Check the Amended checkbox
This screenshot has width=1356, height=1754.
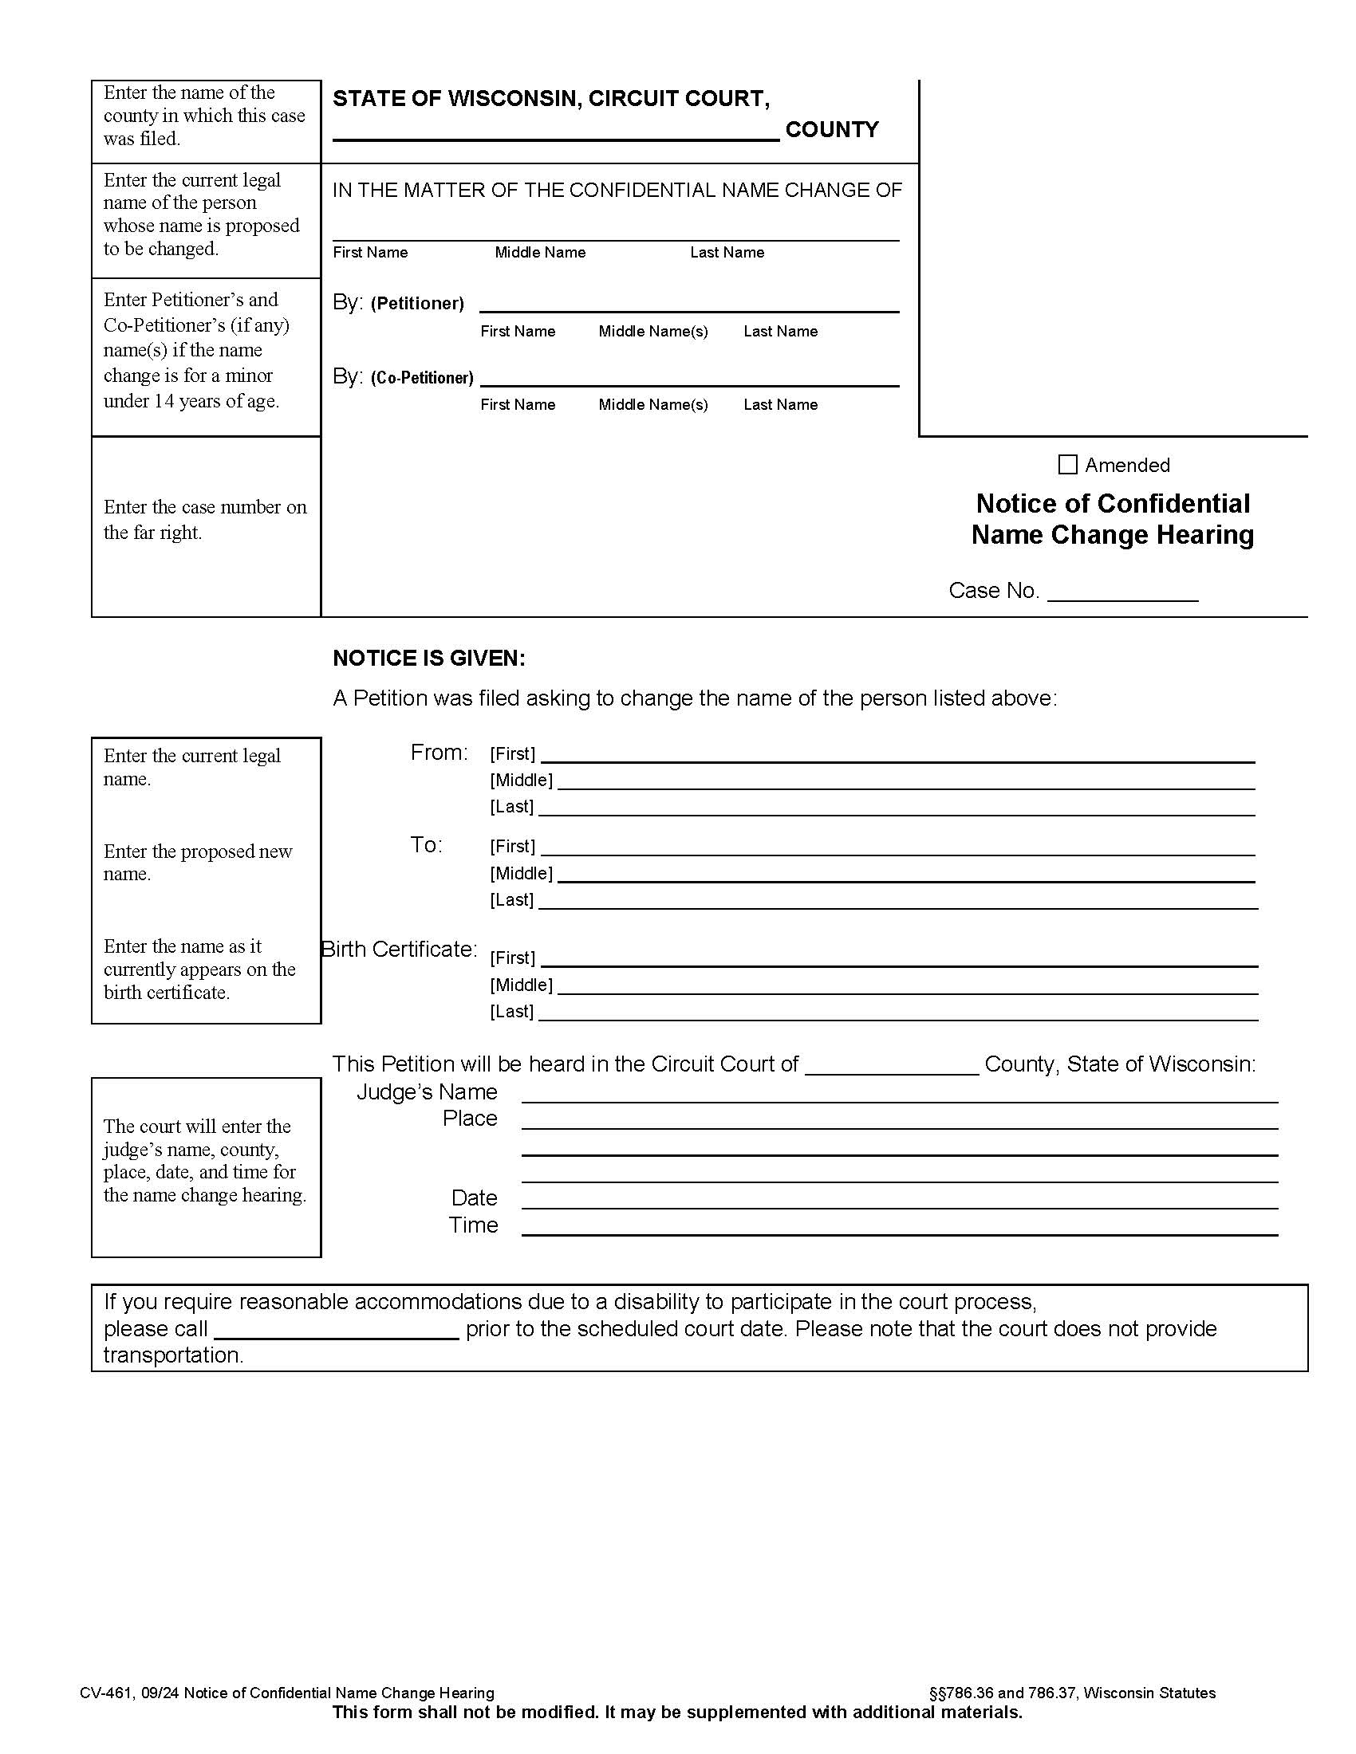(1066, 465)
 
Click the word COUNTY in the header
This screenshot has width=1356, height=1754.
(831, 130)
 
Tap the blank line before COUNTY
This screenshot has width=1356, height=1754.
(555, 132)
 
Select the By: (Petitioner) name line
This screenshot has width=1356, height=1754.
(688, 304)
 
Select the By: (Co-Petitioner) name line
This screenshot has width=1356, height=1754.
(688, 377)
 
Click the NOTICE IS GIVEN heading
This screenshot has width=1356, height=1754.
(429, 659)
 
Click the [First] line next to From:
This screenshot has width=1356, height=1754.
(897, 754)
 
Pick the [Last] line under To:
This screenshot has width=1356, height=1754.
(897, 900)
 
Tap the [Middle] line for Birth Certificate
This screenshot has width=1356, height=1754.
(907, 985)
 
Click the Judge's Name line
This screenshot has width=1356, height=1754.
(899, 1094)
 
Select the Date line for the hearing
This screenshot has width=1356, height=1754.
(899, 1200)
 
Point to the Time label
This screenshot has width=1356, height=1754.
(473, 1225)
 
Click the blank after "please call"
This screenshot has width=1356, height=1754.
(337, 1330)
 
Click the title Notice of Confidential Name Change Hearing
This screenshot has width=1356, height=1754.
(1112, 519)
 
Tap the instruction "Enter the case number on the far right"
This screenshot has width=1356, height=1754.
(205, 520)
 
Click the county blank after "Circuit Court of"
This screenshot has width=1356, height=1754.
(891, 1065)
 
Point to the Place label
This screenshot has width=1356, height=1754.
(470, 1119)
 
